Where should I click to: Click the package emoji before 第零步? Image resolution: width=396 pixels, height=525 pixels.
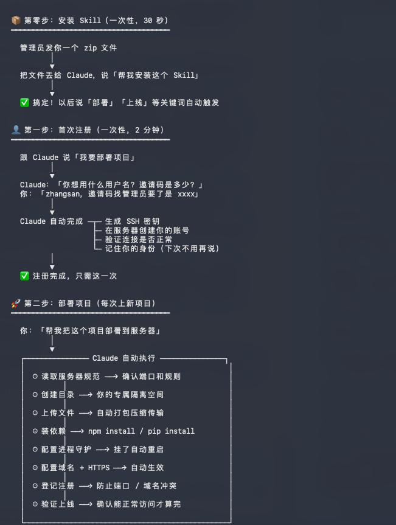click(x=16, y=21)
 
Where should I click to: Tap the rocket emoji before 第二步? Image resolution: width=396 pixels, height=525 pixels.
click(x=16, y=304)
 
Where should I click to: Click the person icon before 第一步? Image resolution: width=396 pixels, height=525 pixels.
click(x=16, y=130)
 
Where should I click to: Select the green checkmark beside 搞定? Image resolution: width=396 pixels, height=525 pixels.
click(x=24, y=103)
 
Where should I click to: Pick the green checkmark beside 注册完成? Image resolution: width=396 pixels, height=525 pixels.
click(x=24, y=276)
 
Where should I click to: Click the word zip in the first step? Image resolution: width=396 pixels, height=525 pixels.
click(x=91, y=48)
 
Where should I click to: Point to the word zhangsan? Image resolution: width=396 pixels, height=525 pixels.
click(x=65, y=194)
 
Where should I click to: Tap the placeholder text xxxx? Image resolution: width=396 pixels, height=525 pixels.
click(x=187, y=194)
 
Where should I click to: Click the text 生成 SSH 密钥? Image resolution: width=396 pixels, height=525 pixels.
click(x=132, y=221)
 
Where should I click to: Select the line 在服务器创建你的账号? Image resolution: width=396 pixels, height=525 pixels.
click(x=147, y=231)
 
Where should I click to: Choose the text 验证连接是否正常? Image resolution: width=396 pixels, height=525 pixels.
click(x=138, y=240)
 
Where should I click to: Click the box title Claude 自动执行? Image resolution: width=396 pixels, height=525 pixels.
click(x=123, y=358)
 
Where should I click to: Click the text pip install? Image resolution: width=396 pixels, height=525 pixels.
click(x=171, y=431)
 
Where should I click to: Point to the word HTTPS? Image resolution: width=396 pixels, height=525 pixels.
click(x=99, y=468)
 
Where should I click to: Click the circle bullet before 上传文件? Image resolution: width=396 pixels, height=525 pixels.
click(x=35, y=413)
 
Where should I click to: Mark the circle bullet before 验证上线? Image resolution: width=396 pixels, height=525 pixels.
click(x=35, y=504)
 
